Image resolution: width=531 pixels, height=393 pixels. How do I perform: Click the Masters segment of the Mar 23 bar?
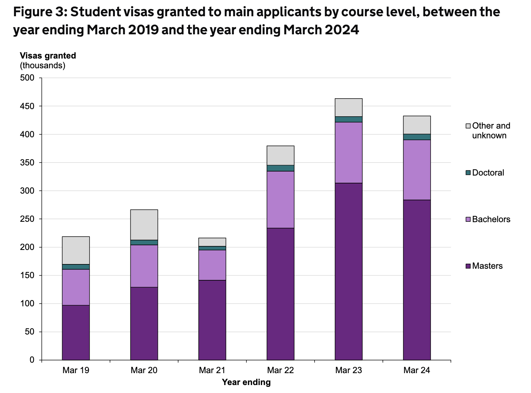click(349, 271)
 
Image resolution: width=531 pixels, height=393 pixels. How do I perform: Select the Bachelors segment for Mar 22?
click(280, 199)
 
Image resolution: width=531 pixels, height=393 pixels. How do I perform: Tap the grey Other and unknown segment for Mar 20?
click(144, 225)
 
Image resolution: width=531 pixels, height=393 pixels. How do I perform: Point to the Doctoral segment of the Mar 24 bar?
click(417, 137)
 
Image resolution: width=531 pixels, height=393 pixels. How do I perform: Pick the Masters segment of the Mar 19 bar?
click(76, 332)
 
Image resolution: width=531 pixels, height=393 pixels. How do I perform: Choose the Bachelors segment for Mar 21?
click(212, 265)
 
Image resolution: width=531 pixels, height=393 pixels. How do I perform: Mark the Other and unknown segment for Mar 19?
click(76, 250)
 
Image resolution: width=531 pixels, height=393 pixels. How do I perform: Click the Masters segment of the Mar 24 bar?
click(417, 280)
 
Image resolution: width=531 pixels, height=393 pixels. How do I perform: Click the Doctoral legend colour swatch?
click(468, 173)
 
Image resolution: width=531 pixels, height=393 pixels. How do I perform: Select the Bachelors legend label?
click(491, 219)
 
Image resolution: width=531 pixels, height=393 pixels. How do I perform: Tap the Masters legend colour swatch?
click(468, 266)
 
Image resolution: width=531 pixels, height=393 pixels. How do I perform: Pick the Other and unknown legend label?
click(491, 130)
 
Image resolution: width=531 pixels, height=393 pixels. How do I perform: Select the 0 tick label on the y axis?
click(32, 360)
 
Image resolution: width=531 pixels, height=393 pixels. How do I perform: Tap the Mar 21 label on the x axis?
click(212, 370)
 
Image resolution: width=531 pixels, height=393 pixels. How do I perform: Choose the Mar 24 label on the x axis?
click(417, 370)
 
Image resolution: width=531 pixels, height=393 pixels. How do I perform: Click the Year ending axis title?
click(246, 382)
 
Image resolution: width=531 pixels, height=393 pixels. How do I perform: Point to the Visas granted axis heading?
click(48, 56)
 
